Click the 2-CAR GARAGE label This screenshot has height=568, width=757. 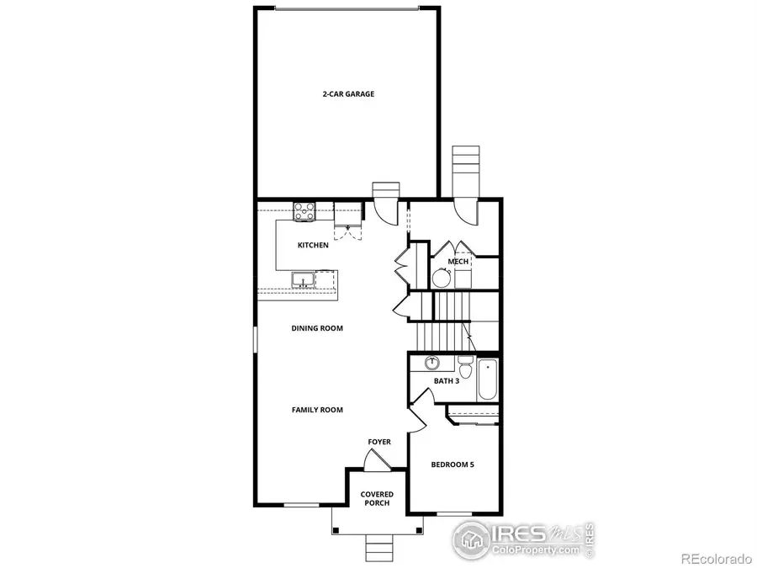347,94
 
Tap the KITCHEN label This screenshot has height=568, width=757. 313,246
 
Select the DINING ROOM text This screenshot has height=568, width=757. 317,328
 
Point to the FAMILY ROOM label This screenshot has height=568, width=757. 317,410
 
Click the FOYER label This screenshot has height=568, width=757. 379,442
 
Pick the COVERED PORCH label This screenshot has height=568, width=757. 377,499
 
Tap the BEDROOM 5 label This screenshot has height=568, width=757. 453,464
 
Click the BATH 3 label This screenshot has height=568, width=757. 446,381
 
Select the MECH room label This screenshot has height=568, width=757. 458,262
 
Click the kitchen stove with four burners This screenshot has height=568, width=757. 304,211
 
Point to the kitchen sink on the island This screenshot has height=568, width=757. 302,279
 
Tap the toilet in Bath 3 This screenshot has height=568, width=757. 465,367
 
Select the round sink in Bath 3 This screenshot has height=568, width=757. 432,364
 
